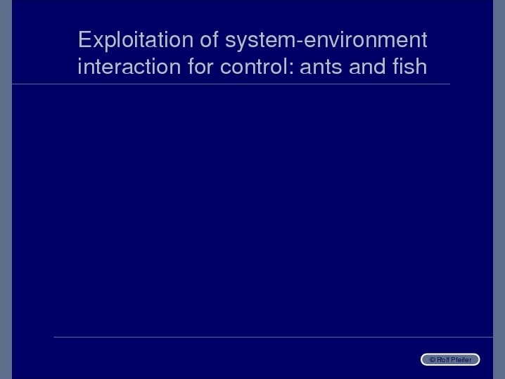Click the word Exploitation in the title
[x=136, y=41]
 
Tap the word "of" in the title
[x=209, y=39]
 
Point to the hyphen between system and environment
[x=299, y=42]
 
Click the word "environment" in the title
[x=366, y=40]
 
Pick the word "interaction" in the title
[x=129, y=66]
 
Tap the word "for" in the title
[x=200, y=66]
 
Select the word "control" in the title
[x=254, y=66]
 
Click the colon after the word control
[x=291, y=68]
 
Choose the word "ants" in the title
[x=321, y=67]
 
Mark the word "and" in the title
[x=367, y=66]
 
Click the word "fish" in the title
[x=409, y=66]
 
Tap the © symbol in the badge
[x=433, y=360]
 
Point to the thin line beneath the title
[x=231, y=84]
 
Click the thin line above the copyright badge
[x=273, y=337]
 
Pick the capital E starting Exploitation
[x=84, y=39]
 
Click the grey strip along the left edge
[x=6, y=189]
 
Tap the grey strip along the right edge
[x=499, y=189]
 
